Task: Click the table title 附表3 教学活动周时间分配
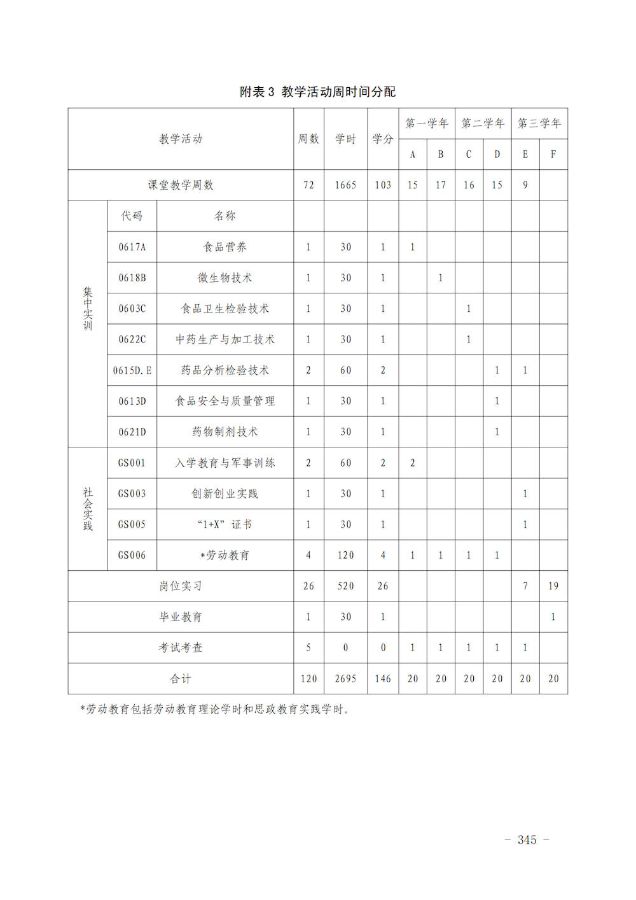[317, 92]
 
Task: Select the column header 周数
[308, 139]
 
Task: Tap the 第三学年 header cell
[539, 123]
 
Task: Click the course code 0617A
[132, 247]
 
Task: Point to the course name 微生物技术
[225, 278]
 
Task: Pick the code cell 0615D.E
[132, 370]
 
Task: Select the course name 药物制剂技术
[225, 432]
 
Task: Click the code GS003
[132, 493]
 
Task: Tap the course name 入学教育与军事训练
[225, 463]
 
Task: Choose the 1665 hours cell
[345, 185]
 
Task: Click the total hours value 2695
[345, 679]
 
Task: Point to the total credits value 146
[383, 679]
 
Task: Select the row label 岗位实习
[181, 586]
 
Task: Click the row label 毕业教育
[181, 617]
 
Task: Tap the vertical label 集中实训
[88, 309]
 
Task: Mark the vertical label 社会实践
[88, 509]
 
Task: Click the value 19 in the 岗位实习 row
[553, 586]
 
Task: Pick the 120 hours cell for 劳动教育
[345, 555]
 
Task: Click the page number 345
[527, 840]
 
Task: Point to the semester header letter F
[553, 154]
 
